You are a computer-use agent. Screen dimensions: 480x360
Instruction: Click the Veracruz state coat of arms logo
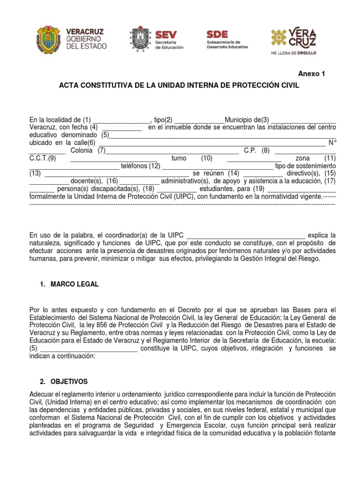[48, 39]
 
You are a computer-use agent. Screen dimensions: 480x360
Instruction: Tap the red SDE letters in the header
[217, 34]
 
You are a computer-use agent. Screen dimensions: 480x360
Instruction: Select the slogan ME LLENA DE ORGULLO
[293, 53]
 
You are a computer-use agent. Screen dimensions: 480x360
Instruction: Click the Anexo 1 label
[311, 74]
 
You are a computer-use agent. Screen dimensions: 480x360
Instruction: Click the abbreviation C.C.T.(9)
[42, 158]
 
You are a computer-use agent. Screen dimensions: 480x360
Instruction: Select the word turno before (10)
[179, 158]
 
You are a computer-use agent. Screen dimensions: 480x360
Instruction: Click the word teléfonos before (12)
[134, 166]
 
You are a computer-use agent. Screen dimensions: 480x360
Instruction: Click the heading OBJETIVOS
[70, 382]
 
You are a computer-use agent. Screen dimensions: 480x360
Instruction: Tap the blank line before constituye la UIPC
[89, 349]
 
